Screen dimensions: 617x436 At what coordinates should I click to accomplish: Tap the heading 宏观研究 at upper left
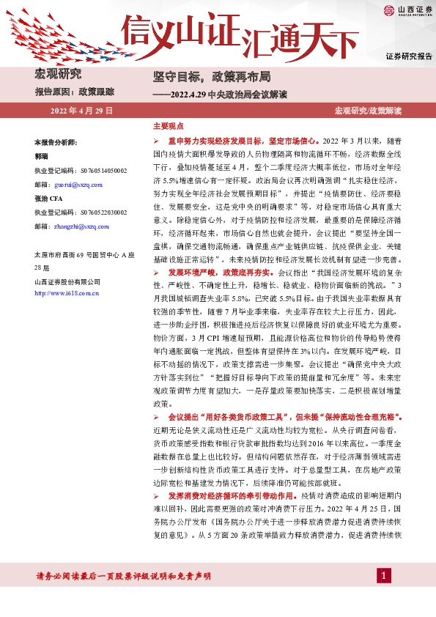pyautogui.click(x=59, y=74)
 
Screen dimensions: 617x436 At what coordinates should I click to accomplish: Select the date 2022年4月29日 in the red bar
pyautogui.click(x=81, y=111)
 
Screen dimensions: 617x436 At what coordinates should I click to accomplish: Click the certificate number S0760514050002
pyautogui.click(x=101, y=171)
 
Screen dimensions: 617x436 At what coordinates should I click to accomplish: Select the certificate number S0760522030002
pyautogui.click(x=101, y=213)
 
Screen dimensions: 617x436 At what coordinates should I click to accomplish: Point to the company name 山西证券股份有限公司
pyautogui.click(x=66, y=282)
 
